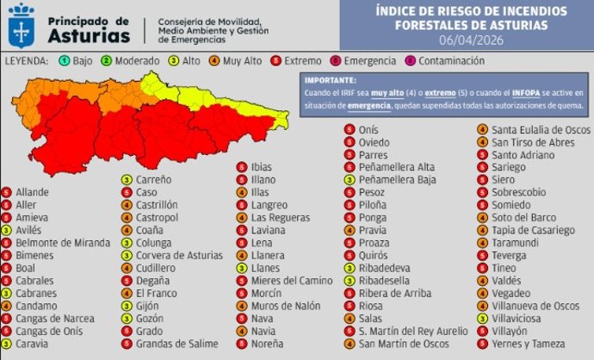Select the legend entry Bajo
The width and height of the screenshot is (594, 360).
80,61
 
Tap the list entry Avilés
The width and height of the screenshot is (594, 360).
30,231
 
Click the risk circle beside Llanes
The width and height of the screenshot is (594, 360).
241,268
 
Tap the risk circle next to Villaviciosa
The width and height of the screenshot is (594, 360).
483,318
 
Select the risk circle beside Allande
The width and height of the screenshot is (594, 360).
7,192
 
